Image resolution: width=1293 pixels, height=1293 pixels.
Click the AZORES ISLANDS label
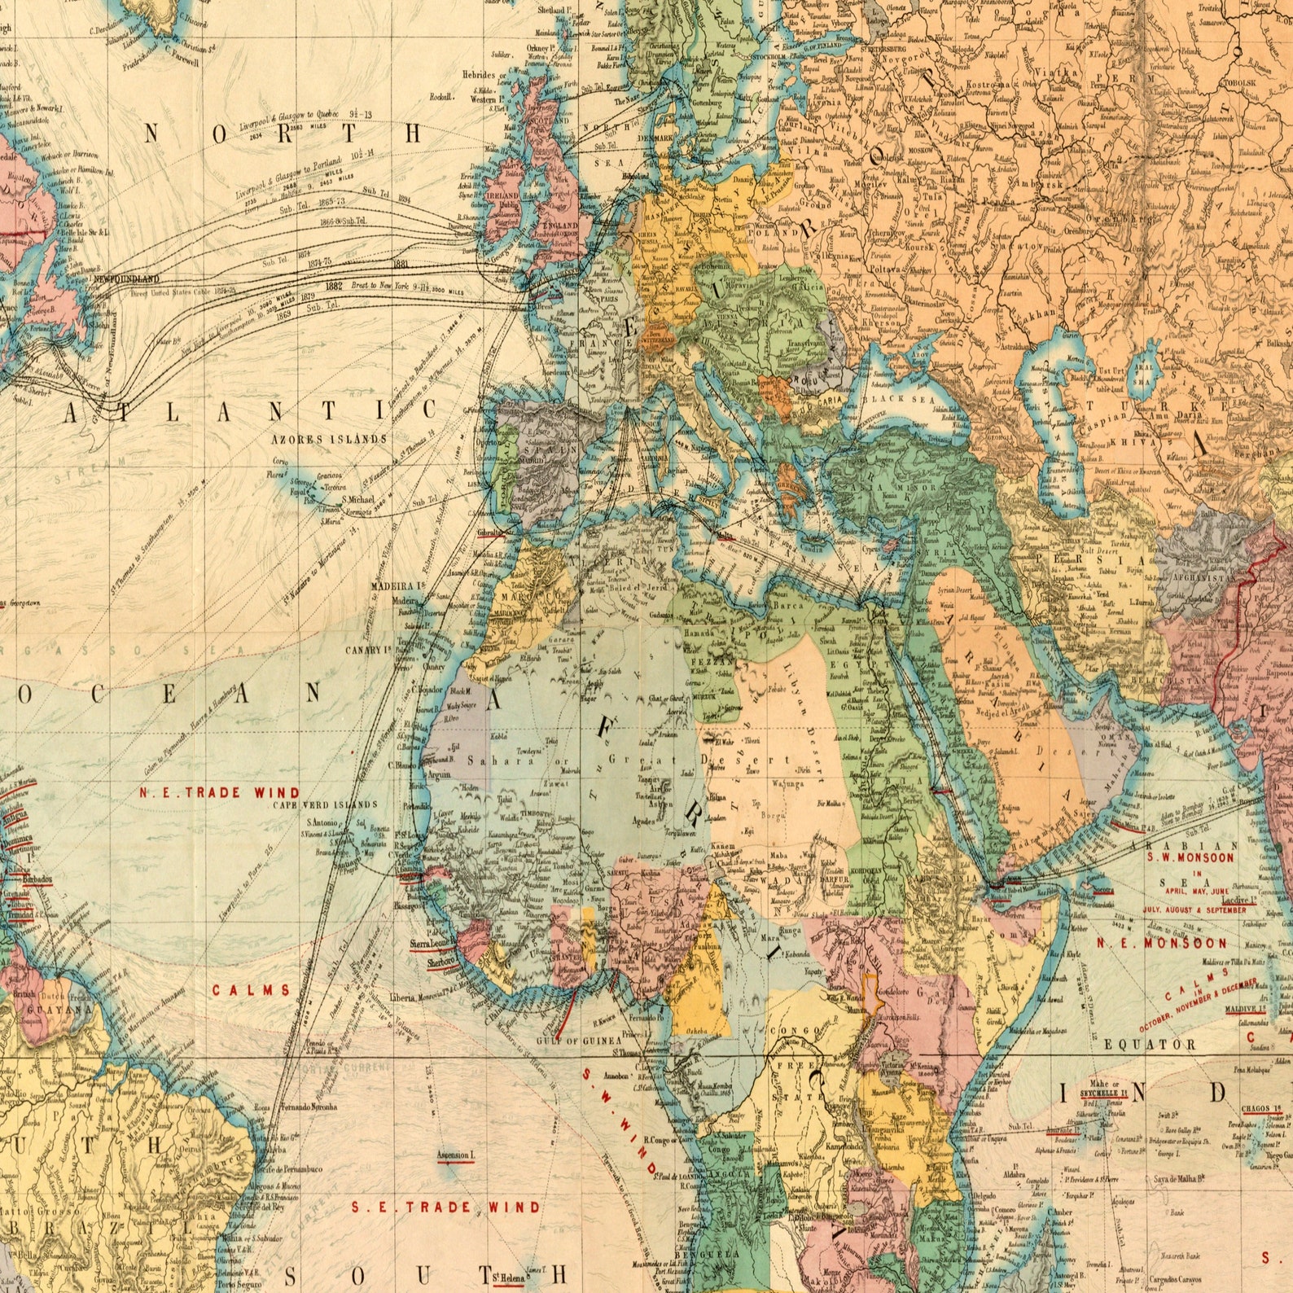click(328, 439)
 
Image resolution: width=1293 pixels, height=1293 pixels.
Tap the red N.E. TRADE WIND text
click(219, 792)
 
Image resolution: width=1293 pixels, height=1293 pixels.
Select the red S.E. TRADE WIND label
click(445, 1207)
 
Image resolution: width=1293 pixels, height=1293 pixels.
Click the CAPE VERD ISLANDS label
click(325, 804)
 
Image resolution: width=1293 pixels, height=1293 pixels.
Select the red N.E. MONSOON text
click(1160, 943)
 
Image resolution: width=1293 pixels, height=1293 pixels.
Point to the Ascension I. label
click(455, 1155)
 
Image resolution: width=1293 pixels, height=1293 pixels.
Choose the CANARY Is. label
click(369, 651)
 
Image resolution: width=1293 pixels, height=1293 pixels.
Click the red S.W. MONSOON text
click(1190, 857)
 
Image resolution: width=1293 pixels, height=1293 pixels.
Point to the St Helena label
click(499, 1276)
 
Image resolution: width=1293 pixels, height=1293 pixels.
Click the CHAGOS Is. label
click(1261, 1108)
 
